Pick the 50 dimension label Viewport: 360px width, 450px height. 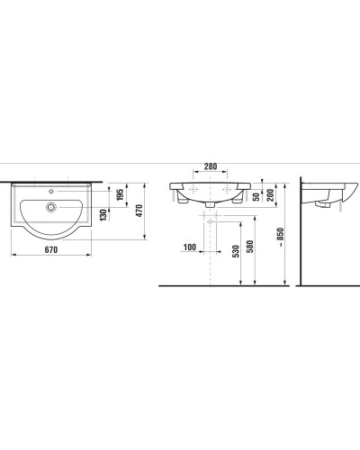point(256,196)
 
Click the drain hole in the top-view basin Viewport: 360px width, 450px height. point(51,207)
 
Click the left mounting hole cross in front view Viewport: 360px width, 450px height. point(192,190)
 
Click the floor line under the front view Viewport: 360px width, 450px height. point(225,284)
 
